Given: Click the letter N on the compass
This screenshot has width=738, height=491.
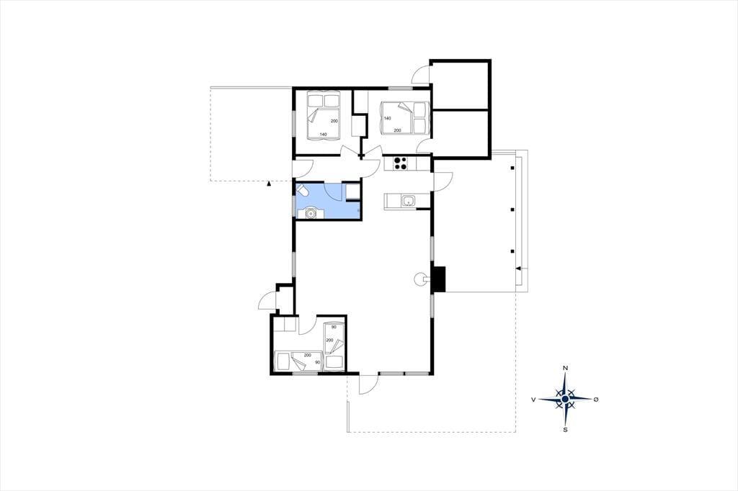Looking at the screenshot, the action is (x=565, y=368).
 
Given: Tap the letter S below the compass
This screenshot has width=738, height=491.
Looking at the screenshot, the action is (x=565, y=429).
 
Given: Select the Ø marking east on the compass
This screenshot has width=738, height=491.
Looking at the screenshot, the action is (x=596, y=400).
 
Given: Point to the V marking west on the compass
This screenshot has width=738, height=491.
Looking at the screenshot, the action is (x=534, y=400).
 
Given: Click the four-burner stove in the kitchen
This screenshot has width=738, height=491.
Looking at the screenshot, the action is (x=401, y=163).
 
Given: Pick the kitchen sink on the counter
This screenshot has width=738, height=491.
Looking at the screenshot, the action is (x=408, y=202).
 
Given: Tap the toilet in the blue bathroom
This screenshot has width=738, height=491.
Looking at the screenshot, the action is (x=302, y=191).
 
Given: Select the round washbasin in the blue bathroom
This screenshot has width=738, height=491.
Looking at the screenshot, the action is (x=310, y=214).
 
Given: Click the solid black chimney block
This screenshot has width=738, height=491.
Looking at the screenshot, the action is (x=439, y=279).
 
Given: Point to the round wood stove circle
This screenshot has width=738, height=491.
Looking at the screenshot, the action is (x=419, y=279).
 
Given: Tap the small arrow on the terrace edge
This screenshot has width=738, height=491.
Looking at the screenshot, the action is (x=519, y=269).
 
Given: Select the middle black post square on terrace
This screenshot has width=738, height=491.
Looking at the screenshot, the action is (x=512, y=210).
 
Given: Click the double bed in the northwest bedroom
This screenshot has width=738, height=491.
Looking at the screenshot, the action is (x=324, y=116).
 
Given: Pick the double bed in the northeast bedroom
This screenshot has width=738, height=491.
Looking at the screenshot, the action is (x=404, y=117).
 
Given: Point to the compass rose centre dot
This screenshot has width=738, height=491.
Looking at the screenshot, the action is (x=565, y=399).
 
